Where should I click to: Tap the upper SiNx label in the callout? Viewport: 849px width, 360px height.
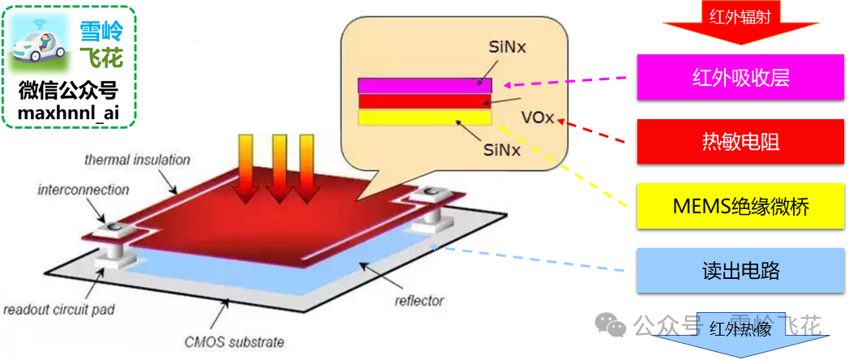[508, 48]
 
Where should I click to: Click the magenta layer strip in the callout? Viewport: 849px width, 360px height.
[425, 84]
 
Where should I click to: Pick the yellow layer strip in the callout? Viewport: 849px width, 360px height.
[425, 118]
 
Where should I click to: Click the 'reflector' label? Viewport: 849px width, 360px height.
[418, 301]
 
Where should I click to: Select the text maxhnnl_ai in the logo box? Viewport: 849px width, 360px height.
[68, 114]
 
